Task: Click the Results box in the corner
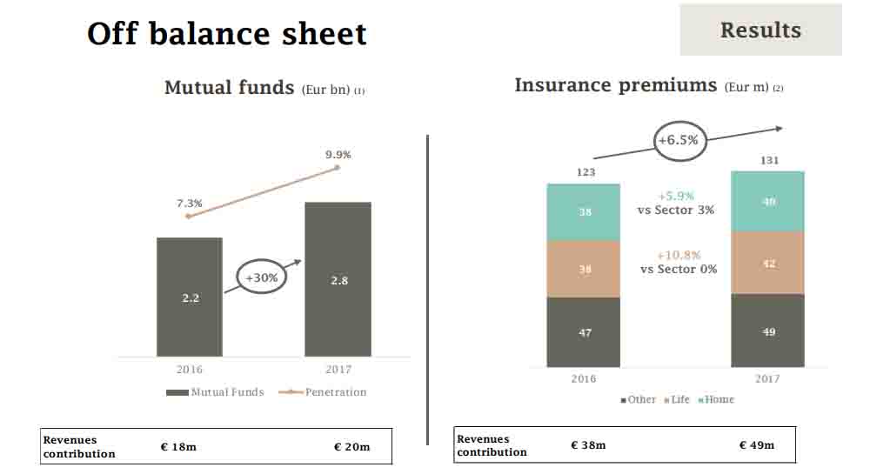[760, 30]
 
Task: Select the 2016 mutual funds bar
[190, 297]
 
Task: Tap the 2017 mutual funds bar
[338, 279]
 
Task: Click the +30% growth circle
[261, 278]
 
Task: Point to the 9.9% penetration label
[338, 154]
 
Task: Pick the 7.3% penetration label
[190, 204]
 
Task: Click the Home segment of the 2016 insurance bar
[584, 212]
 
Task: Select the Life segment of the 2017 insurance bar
[767, 263]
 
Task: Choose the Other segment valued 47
[584, 332]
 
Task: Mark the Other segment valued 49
[767, 331]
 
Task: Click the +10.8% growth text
[679, 255]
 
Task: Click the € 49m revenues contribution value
[756, 445]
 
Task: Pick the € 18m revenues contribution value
[178, 446]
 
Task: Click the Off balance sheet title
[227, 34]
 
